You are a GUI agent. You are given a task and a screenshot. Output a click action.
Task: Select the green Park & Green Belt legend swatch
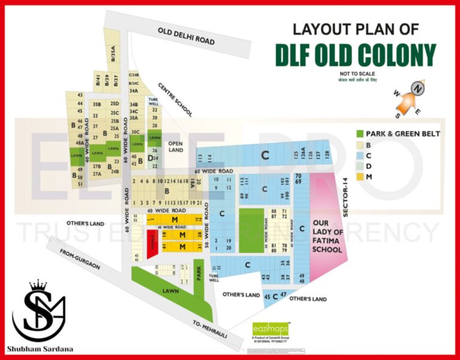[359, 134]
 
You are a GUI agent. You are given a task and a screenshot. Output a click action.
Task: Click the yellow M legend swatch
[359, 176]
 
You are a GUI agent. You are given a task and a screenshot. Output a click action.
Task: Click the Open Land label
[175, 146]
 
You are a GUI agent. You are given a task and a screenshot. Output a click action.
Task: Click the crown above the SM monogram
[38, 285]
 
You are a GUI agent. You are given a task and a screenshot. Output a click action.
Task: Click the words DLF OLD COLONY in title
[355, 55]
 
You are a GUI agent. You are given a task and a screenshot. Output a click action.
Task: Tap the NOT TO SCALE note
[356, 73]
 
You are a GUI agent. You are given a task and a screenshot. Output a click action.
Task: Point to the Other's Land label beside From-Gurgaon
[88, 223]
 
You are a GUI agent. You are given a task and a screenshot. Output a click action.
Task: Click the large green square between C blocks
[252, 230]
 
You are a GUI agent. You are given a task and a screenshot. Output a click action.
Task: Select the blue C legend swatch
[359, 155]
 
